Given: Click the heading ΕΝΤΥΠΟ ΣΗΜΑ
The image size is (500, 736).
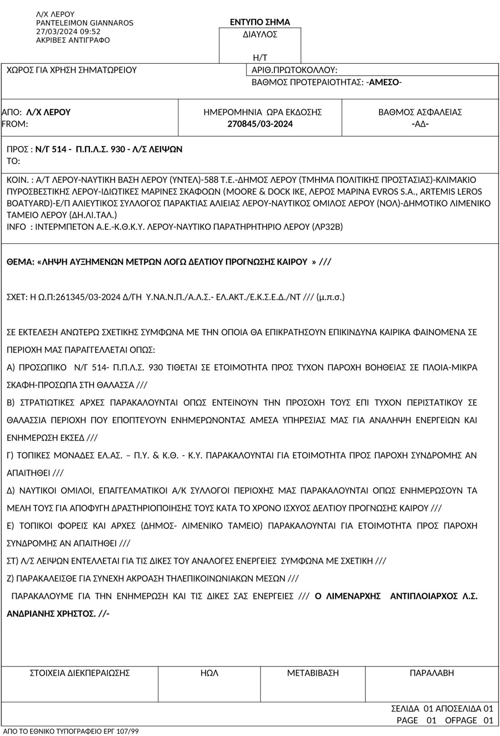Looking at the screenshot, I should pos(260,22).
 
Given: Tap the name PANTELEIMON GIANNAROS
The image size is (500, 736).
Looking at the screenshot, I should pos(85,23).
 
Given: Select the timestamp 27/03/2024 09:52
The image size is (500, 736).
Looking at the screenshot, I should pos(68,32).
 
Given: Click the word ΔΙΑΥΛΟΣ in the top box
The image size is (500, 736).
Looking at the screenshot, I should pos(260,35).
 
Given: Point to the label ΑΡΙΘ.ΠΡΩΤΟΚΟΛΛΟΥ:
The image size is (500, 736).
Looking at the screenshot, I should pos(294,70).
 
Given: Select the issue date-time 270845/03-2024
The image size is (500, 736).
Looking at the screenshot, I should pos(260,124).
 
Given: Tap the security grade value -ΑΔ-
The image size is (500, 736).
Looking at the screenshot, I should pos(420,124).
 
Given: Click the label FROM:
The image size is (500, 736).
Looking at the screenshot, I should pos(15,124).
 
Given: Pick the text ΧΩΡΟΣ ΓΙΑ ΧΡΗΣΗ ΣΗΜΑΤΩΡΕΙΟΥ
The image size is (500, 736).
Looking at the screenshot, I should pos(72,70).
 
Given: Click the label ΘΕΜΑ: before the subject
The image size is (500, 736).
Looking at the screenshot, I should pos(20,262).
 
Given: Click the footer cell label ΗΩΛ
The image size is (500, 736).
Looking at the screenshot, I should pos(209,673).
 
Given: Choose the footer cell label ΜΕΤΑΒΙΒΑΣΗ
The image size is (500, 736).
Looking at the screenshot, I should pos(312,673).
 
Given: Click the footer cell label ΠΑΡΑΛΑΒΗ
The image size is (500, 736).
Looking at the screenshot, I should pos(432,673).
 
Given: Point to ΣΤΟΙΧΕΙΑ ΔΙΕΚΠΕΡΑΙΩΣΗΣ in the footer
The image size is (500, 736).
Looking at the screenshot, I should pos(80,673).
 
